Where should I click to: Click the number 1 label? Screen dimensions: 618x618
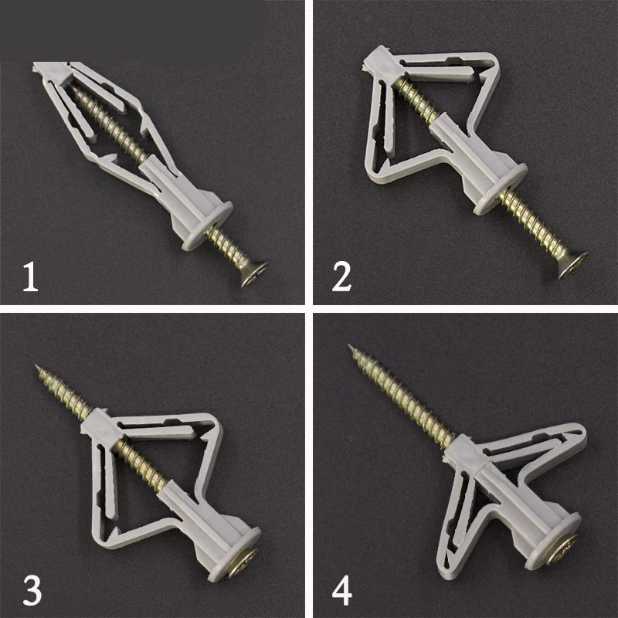[x=30, y=277]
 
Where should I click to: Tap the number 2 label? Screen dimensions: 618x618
[x=341, y=277]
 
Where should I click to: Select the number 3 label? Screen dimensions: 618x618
[x=32, y=590]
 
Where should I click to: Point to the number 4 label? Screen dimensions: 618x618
[x=341, y=590]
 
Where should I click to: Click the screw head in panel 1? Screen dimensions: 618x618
[x=254, y=274]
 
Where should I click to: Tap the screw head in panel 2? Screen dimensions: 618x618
[x=572, y=266]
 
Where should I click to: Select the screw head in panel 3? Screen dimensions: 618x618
[x=243, y=563]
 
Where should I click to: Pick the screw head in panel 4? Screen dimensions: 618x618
[x=563, y=549]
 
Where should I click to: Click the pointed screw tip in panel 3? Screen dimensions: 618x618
[x=37, y=367]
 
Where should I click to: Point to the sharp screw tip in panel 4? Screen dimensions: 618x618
[x=350, y=346]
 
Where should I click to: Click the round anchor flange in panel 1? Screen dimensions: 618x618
[x=207, y=226]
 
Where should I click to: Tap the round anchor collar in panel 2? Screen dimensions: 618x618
[x=501, y=189]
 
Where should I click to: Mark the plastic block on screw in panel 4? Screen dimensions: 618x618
[x=464, y=453]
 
